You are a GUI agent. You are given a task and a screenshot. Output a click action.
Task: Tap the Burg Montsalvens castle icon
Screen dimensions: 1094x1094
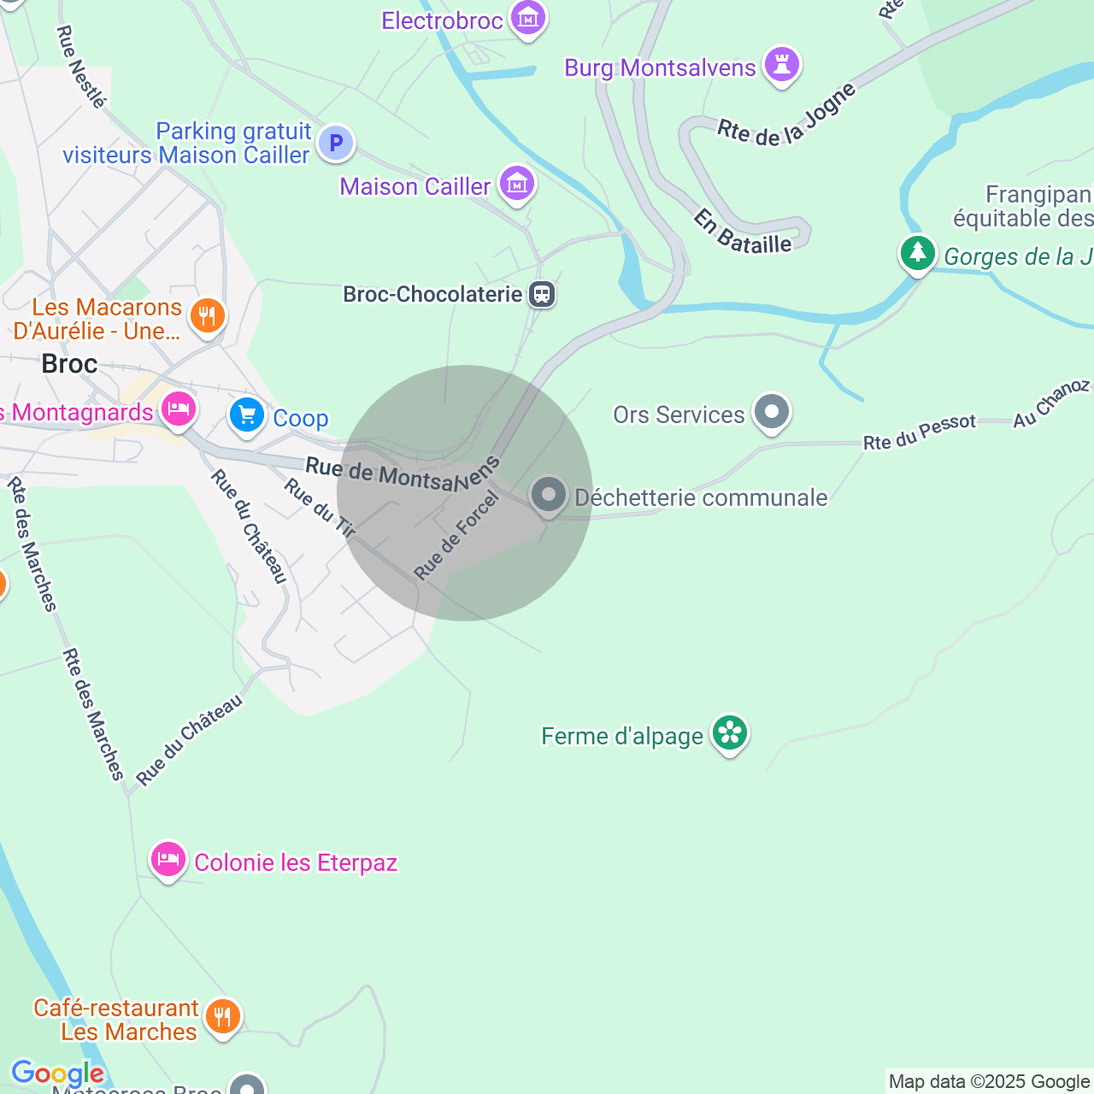(781, 65)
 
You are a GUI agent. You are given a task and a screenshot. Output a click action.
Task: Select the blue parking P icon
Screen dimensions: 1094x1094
(336, 142)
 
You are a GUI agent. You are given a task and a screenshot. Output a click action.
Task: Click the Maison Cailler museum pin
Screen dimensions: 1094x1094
(516, 184)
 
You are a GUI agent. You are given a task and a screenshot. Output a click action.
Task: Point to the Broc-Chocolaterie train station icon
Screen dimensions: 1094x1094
(542, 294)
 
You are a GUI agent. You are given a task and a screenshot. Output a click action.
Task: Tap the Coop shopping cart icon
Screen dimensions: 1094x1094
(247, 416)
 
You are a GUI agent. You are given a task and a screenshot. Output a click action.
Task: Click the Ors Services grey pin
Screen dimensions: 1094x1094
(772, 412)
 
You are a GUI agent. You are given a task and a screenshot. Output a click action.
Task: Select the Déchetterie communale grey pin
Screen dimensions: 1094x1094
(549, 495)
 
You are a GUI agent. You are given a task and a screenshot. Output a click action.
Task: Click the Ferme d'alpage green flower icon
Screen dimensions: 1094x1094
(730, 733)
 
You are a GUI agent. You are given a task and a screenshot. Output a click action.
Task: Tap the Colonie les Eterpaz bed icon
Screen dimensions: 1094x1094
(168, 859)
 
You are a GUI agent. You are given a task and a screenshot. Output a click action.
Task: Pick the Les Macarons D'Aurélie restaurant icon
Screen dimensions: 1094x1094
(207, 316)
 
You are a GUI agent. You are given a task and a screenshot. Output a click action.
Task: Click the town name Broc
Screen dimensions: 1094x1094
(69, 364)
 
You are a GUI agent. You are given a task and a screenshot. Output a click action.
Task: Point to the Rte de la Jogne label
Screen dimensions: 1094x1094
(786, 117)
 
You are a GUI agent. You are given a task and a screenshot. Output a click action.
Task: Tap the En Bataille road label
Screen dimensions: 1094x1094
(742, 233)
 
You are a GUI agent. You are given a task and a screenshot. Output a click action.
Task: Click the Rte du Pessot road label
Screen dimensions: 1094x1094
(919, 432)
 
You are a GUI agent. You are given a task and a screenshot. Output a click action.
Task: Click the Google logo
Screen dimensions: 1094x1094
(57, 1073)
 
